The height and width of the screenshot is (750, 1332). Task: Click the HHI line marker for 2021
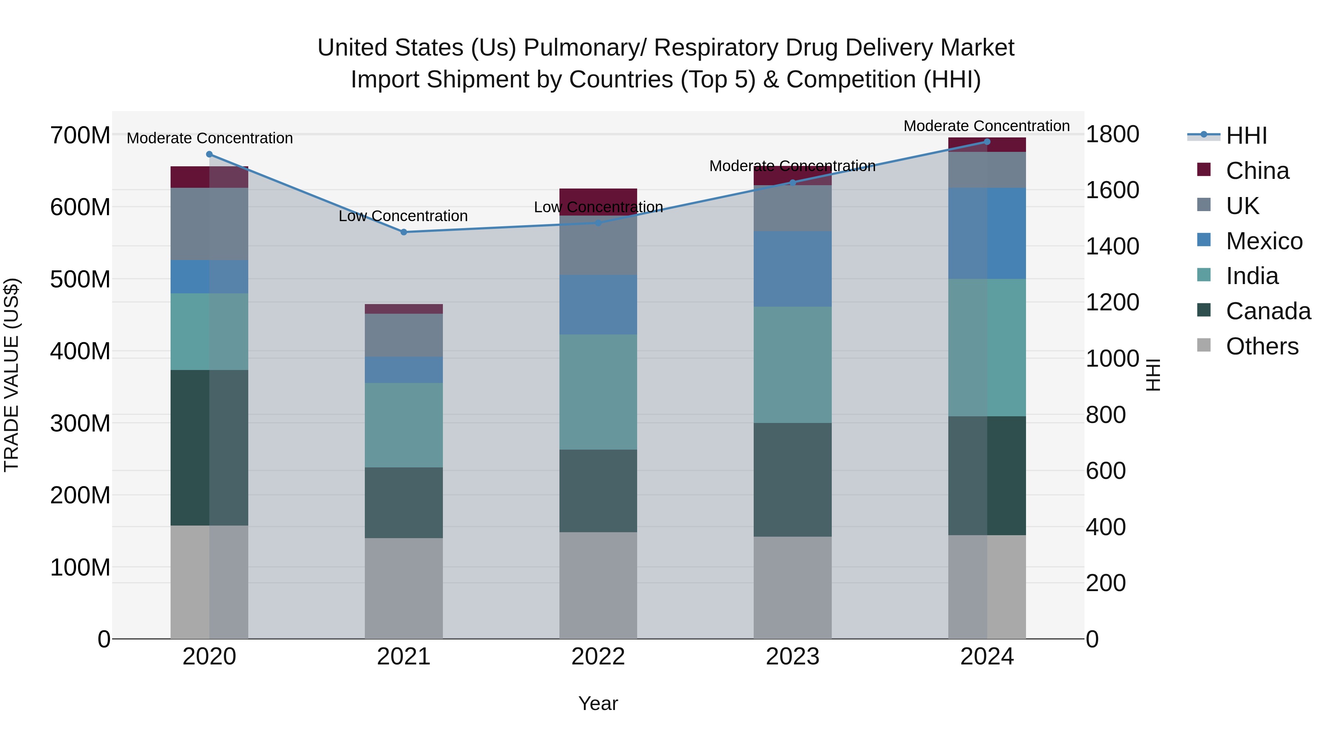[x=404, y=232]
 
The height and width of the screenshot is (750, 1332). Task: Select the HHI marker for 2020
[x=209, y=154]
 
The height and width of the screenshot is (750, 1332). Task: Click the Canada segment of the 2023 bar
[x=792, y=479]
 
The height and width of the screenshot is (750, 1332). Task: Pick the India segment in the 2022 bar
[x=598, y=392]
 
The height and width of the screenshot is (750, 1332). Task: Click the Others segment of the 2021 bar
[x=404, y=588]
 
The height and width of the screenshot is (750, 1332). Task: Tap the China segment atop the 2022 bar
[x=598, y=196]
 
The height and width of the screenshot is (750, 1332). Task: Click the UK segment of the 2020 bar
[x=209, y=224]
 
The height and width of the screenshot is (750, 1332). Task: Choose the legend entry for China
[x=1257, y=171]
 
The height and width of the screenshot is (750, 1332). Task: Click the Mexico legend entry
[x=1264, y=241]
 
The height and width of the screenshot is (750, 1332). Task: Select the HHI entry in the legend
[x=1246, y=136]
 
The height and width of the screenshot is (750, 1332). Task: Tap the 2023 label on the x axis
[x=792, y=657]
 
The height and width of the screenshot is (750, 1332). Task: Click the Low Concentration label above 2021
[x=403, y=216]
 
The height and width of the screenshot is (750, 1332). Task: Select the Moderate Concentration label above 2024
[x=986, y=126]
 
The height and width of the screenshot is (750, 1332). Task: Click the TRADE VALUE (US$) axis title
[x=11, y=375]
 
